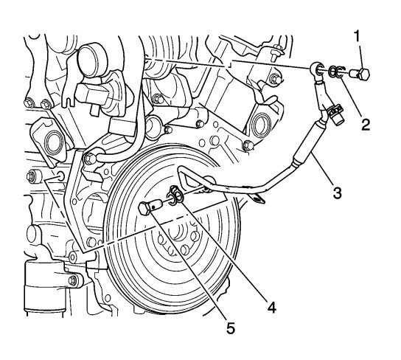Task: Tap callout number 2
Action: (x=366, y=125)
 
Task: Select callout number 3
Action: (x=337, y=193)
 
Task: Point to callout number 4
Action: (x=271, y=307)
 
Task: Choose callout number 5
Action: (x=231, y=328)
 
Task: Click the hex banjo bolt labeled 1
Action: (x=360, y=74)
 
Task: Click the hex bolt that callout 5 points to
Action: (x=150, y=207)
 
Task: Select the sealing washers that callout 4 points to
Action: (x=175, y=194)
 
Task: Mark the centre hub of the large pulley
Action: (x=177, y=240)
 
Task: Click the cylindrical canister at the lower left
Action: (x=44, y=289)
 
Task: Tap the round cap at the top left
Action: (x=93, y=61)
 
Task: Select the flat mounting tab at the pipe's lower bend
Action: (x=257, y=198)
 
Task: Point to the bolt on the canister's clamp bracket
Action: (x=73, y=280)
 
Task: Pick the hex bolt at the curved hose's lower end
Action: (x=90, y=159)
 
